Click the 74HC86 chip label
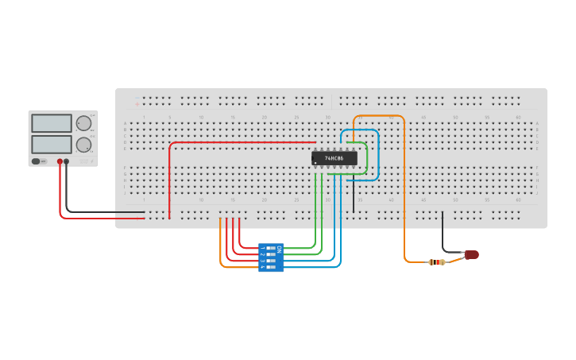334,158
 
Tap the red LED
472,255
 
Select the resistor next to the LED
436,261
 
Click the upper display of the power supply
52,123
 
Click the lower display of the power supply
52,145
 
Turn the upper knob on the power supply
83,123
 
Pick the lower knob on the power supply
83,145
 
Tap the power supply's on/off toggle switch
37,161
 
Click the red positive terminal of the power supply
60,161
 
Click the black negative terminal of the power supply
67,161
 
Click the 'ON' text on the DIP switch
279,249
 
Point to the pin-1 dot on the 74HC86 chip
315,163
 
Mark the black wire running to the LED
443,234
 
